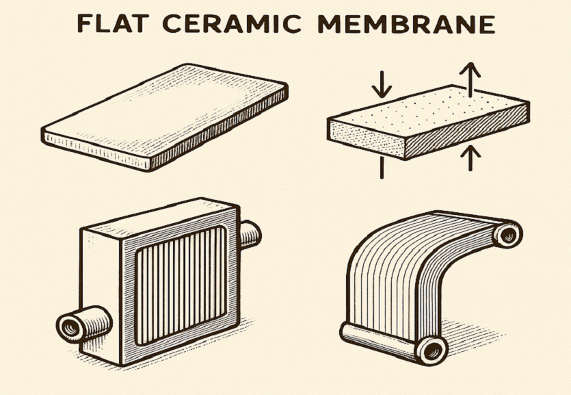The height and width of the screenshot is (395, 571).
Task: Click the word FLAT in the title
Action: click(113, 24)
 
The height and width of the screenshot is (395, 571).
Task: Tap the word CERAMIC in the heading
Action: click(232, 24)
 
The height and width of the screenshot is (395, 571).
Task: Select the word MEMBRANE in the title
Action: click(406, 24)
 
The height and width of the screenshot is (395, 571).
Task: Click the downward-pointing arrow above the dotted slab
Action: click(382, 84)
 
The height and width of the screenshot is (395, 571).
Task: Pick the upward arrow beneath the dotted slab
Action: click(470, 157)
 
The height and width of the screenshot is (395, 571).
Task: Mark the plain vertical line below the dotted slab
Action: click(382, 168)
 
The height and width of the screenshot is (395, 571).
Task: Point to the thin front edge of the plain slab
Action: click(96, 150)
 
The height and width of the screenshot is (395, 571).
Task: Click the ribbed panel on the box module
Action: click(181, 285)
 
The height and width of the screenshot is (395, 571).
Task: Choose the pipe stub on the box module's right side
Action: click(250, 235)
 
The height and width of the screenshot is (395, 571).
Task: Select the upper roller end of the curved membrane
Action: click(507, 235)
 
